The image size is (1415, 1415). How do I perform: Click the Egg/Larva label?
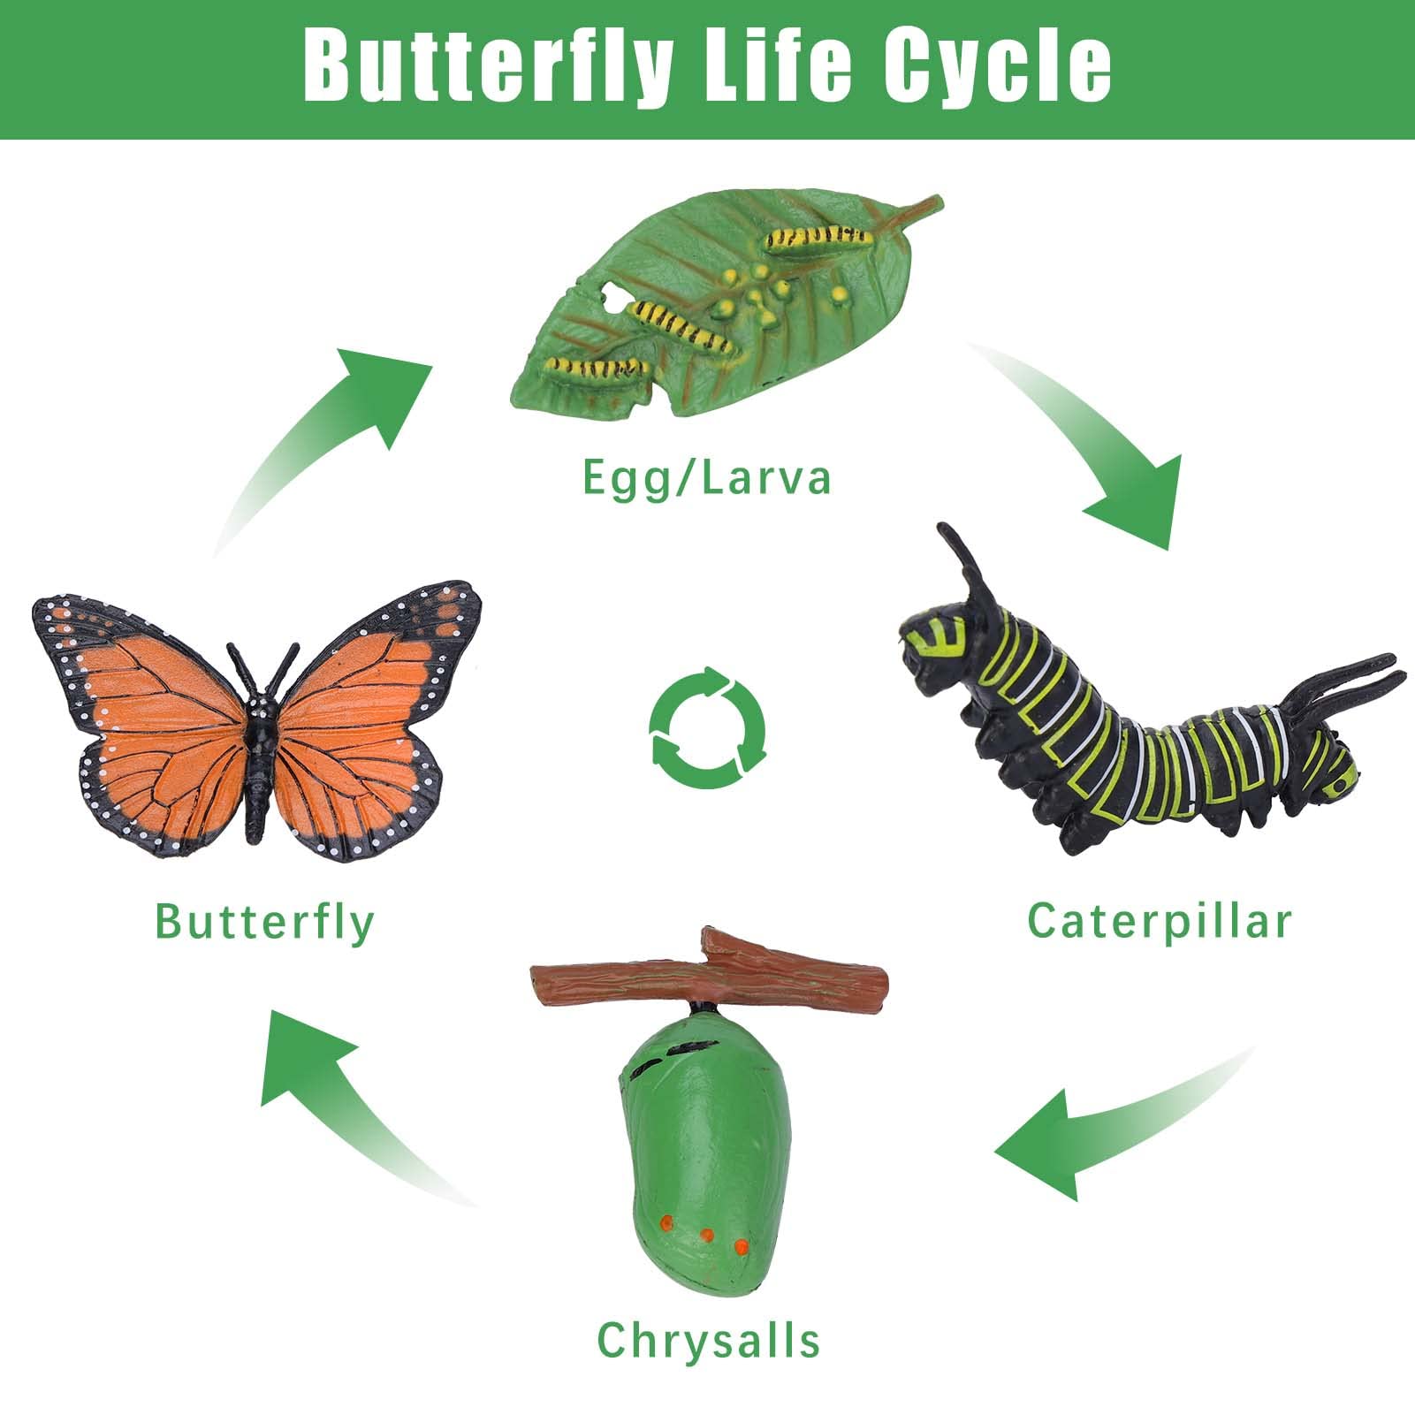pos(707,478)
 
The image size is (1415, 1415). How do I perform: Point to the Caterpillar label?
pos(1160,921)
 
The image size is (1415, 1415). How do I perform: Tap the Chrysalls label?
pos(709,1341)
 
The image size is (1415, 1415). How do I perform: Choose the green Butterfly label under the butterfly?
pos(264,923)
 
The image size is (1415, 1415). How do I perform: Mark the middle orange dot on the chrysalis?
pos(706,1235)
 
